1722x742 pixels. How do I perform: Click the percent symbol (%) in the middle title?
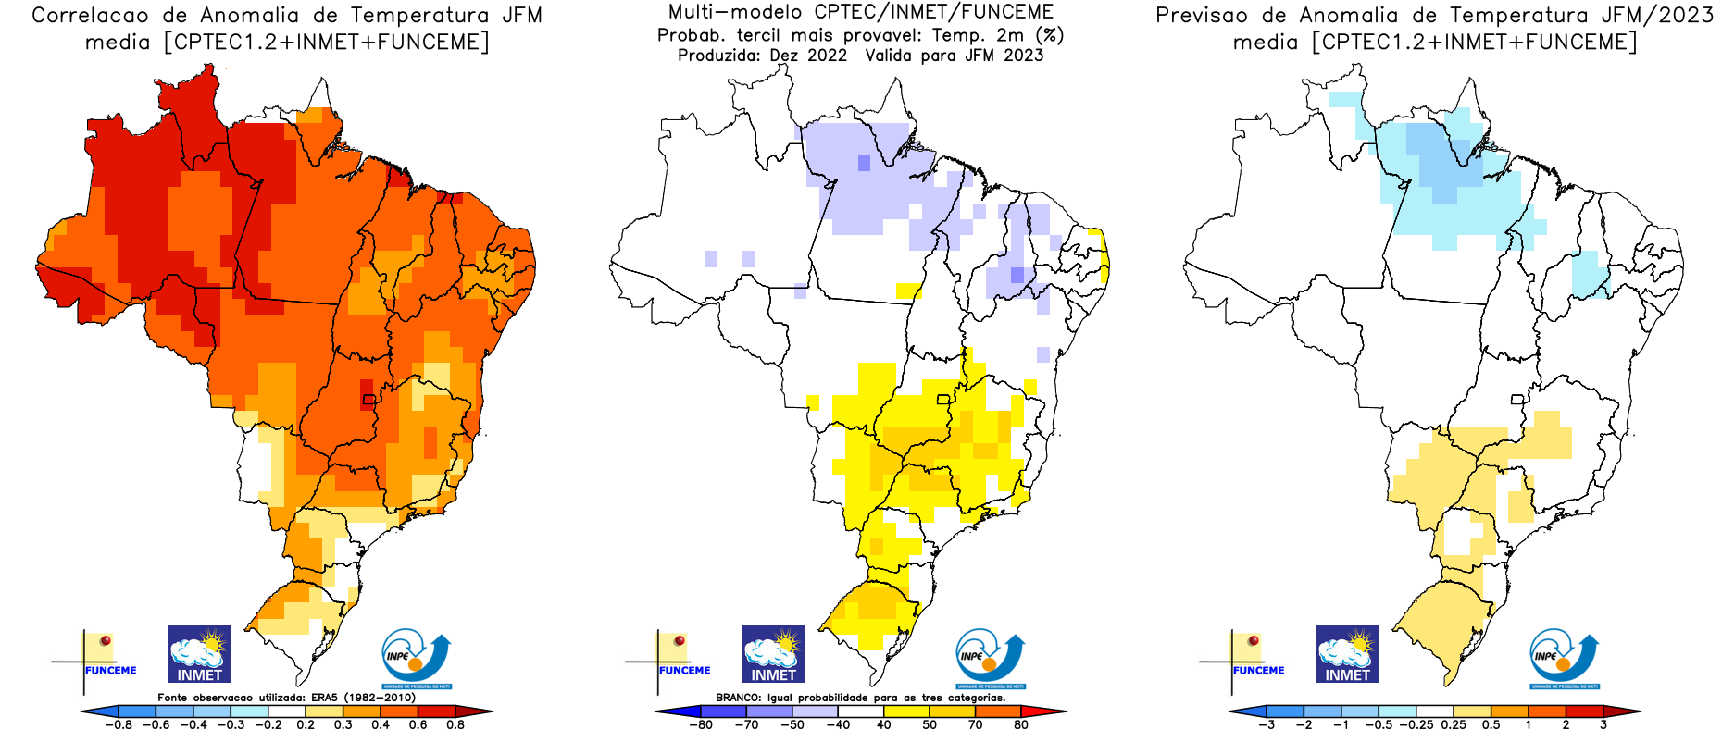click(1050, 35)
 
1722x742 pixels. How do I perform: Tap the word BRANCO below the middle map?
click(738, 698)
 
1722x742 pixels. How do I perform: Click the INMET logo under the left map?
click(199, 654)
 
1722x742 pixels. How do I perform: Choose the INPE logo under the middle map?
click(990, 657)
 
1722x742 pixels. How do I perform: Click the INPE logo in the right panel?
click(1564, 657)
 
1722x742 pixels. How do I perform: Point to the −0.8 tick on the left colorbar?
click(119, 725)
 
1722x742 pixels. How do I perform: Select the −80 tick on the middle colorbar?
click(701, 725)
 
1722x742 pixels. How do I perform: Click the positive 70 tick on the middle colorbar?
click(975, 725)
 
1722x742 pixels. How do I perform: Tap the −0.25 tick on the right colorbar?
click(1416, 725)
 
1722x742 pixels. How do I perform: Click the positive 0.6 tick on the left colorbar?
click(418, 725)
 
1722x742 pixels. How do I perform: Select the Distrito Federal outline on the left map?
click(369, 400)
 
